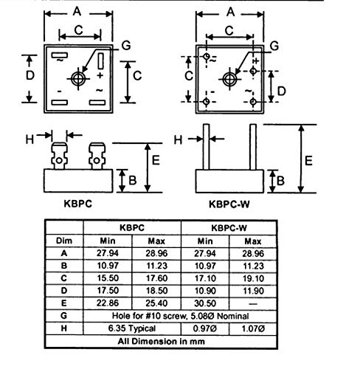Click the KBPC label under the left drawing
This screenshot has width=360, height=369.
(77, 204)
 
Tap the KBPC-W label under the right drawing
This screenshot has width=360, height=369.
(229, 204)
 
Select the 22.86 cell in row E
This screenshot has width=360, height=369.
(108, 303)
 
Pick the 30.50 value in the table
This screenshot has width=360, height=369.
(205, 303)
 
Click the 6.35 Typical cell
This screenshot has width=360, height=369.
(132, 328)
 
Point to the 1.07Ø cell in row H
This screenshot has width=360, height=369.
(253, 328)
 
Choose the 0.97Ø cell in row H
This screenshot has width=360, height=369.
(205, 328)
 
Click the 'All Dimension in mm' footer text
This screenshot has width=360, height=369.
(161, 342)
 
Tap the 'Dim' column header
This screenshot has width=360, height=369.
(64, 241)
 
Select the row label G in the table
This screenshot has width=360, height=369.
(63, 316)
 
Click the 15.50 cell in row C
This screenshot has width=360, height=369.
(108, 278)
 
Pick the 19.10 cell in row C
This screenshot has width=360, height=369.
(253, 278)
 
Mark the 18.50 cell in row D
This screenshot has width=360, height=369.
(156, 291)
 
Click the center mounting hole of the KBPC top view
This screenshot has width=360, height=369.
(78, 79)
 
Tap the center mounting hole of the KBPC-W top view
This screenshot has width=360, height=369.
(229, 79)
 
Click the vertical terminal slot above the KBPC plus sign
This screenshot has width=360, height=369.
(100, 61)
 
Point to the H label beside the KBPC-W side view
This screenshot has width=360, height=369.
(178, 140)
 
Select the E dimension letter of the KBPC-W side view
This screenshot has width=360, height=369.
(308, 161)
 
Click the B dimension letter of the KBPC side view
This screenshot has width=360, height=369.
(133, 180)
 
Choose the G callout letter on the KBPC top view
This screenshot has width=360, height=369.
(126, 46)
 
